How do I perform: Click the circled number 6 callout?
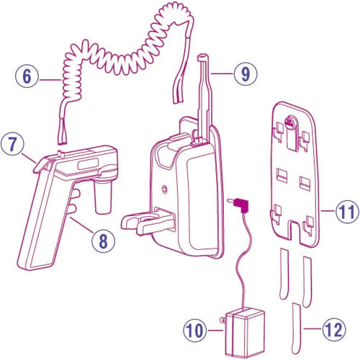pyautogui.click(x=27, y=76)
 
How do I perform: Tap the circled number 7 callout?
pyautogui.click(x=12, y=144)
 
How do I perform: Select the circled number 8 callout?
pyautogui.click(x=104, y=241)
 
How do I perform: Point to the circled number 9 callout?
pyautogui.click(x=246, y=73)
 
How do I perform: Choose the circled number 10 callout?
pyautogui.click(x=195, y=330)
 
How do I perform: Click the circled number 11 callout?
pyautogui.click(x=347, y=212)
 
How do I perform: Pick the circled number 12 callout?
pyautogui.click(x=334, y=329)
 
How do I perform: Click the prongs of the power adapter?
pyautogui.click(x=223, y=320)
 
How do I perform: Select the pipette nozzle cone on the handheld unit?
pyautogui.click(x=103, y=197)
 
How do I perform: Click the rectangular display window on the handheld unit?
pyautogui.click(x=88, y=164)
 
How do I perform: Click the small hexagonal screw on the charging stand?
pyautogui.click(x=164, y=189)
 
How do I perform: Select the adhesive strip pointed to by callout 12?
pyautogui.click(x=296, y=328)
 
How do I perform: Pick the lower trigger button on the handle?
pyautogui.click(x=73, y=208)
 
